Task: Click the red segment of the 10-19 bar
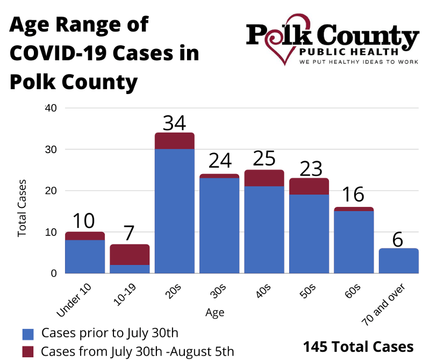pos(130,255)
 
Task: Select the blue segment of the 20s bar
pos(174,211)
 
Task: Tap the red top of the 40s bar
pos(264,178)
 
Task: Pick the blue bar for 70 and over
pos(398,261)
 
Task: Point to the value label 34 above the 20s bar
pos(174,123)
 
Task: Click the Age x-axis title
pos(214,312)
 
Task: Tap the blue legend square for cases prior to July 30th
pos(27,334)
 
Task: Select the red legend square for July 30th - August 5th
pos(27,351)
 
